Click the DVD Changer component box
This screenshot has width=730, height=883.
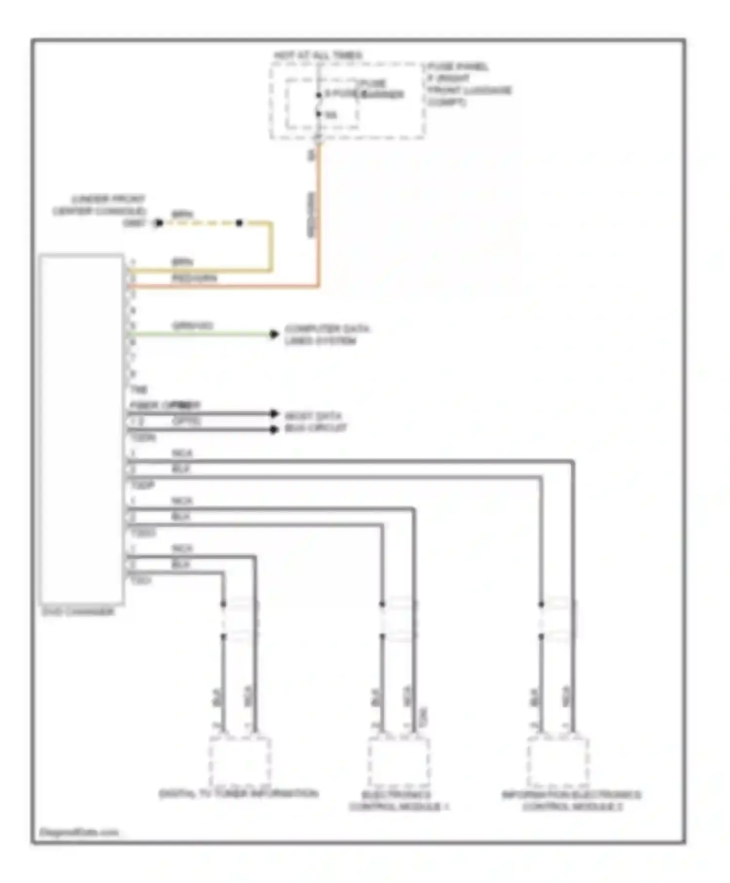82,428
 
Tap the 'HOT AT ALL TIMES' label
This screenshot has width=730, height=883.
318,55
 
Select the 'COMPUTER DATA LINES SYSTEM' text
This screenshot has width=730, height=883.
327,334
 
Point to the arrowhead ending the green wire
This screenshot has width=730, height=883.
274,334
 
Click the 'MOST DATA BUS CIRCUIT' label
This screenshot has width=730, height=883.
315,422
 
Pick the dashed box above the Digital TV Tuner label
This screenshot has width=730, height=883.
240,761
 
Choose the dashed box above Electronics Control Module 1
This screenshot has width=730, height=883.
399,761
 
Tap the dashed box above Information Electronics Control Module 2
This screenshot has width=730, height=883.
558,761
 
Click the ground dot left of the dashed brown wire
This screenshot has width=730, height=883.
158,223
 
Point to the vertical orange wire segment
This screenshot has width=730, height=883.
318,214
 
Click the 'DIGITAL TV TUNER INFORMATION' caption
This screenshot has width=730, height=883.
238,794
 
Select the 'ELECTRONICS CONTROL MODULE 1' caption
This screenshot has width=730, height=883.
399,801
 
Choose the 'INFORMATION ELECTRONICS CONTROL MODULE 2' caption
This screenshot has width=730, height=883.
571,801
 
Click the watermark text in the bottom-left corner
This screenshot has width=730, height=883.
79,832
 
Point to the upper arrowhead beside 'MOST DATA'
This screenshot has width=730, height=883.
274,414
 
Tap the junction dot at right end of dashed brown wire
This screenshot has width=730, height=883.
239,223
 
